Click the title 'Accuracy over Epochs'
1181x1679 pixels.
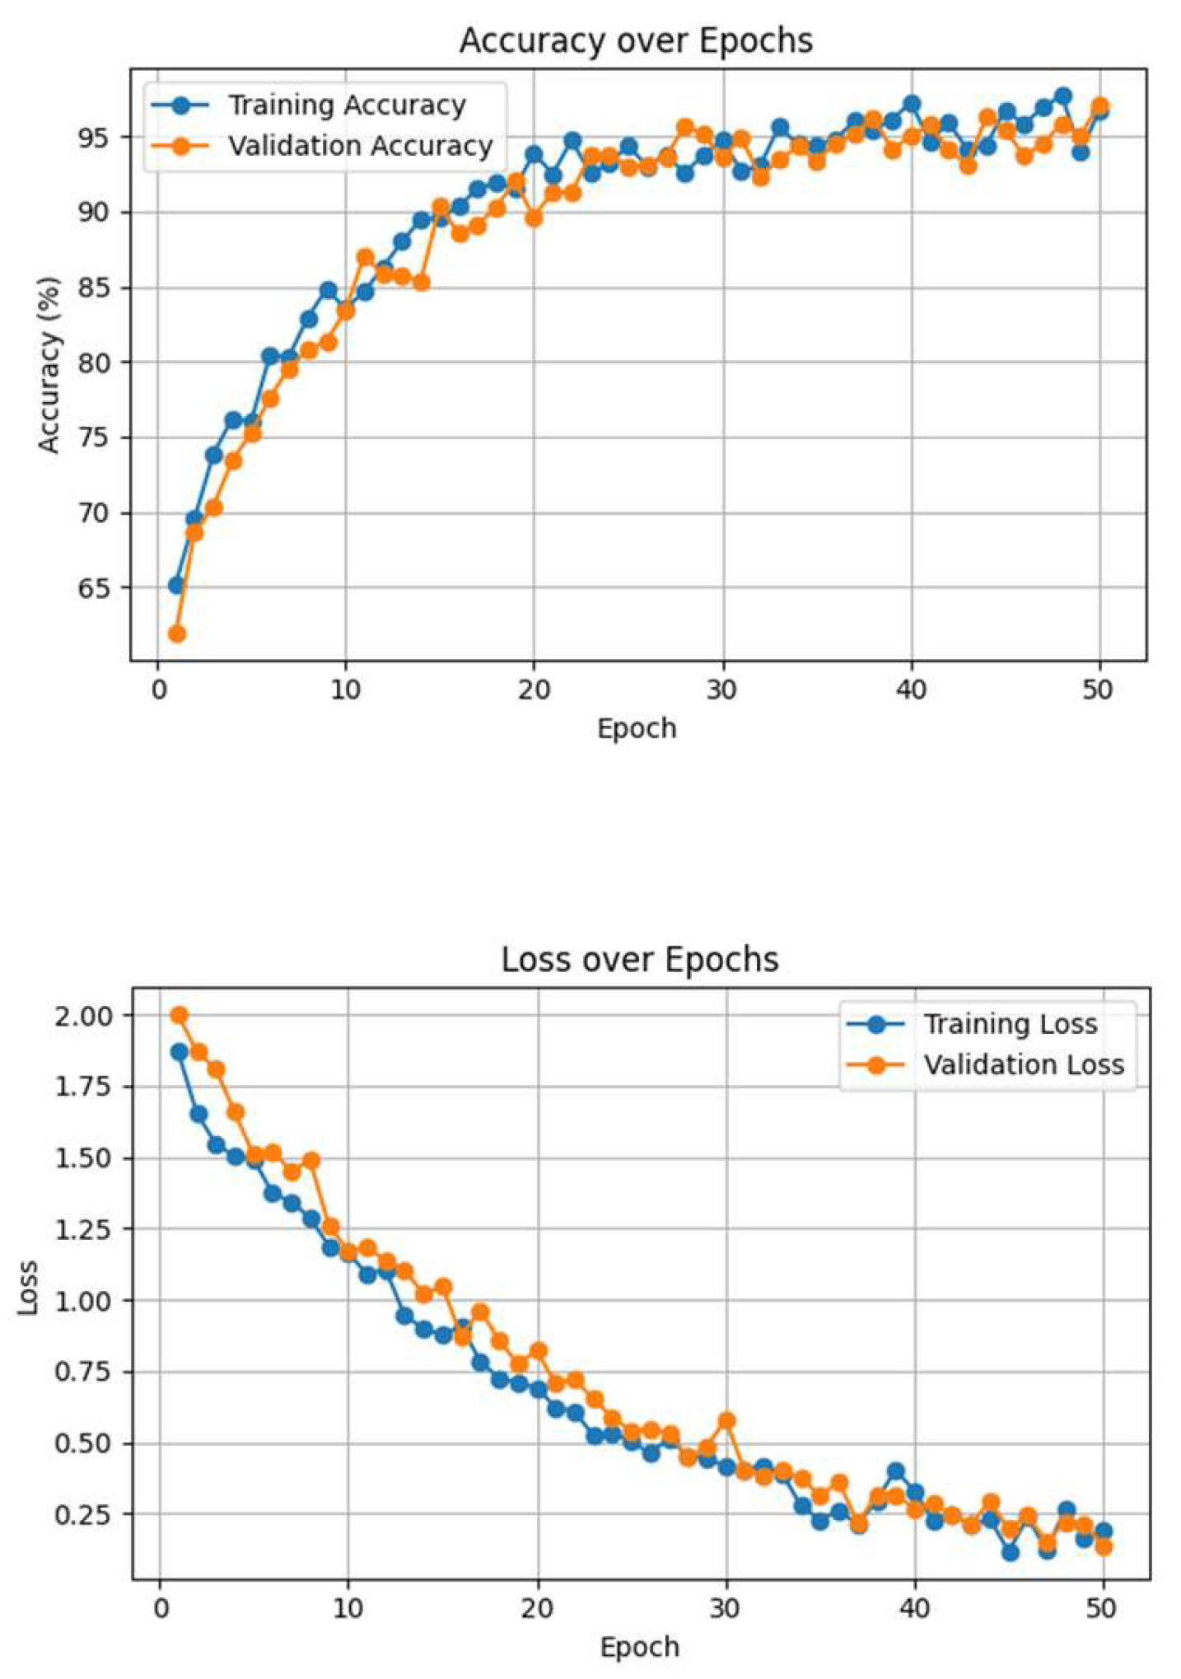point(636,41)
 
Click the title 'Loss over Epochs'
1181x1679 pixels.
point(640,960)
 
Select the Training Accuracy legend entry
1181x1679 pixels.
point(346,105)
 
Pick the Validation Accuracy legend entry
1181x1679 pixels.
point(360,146)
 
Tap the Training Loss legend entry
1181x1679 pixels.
point(1010,1024)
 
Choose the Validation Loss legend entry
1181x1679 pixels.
point(1023,1064)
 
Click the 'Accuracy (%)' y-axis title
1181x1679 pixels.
point(49,364)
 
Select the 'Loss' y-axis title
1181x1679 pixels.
point(28,1287)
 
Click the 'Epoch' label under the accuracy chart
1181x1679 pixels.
point(637,728)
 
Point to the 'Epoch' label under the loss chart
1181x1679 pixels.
point(640,1647)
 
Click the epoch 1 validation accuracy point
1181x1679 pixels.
point(176,634)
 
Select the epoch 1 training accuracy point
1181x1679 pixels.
point(176,585)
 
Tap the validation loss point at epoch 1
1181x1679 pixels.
point(179,1015)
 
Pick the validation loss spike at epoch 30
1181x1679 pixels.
point(726,1421)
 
